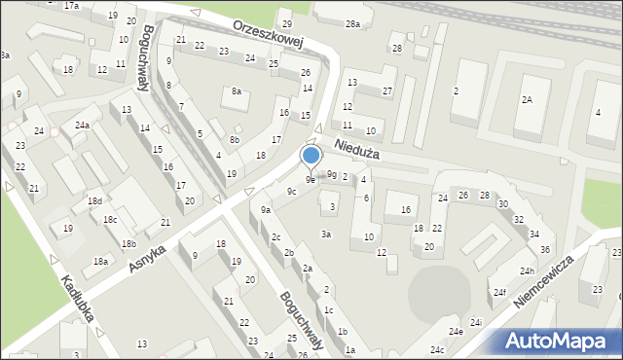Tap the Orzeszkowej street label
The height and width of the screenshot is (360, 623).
(269, 33)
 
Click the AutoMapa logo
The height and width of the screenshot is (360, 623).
(561, 341)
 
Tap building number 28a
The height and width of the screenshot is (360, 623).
(351, 23)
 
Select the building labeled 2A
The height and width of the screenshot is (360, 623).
(527, 100)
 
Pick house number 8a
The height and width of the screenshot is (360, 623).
(236, 91)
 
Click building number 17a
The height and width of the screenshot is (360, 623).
(71, 6)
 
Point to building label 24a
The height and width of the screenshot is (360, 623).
(83, 125)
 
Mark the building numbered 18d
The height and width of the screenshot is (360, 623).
(94, 200)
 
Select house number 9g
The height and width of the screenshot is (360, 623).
(332, 174)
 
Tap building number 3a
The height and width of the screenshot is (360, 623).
(327, 234)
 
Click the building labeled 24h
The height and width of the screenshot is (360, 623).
(528, 270)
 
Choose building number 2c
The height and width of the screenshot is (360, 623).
(276, 237)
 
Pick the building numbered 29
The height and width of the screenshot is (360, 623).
(286, 23)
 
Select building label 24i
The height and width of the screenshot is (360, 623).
(476, 322)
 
